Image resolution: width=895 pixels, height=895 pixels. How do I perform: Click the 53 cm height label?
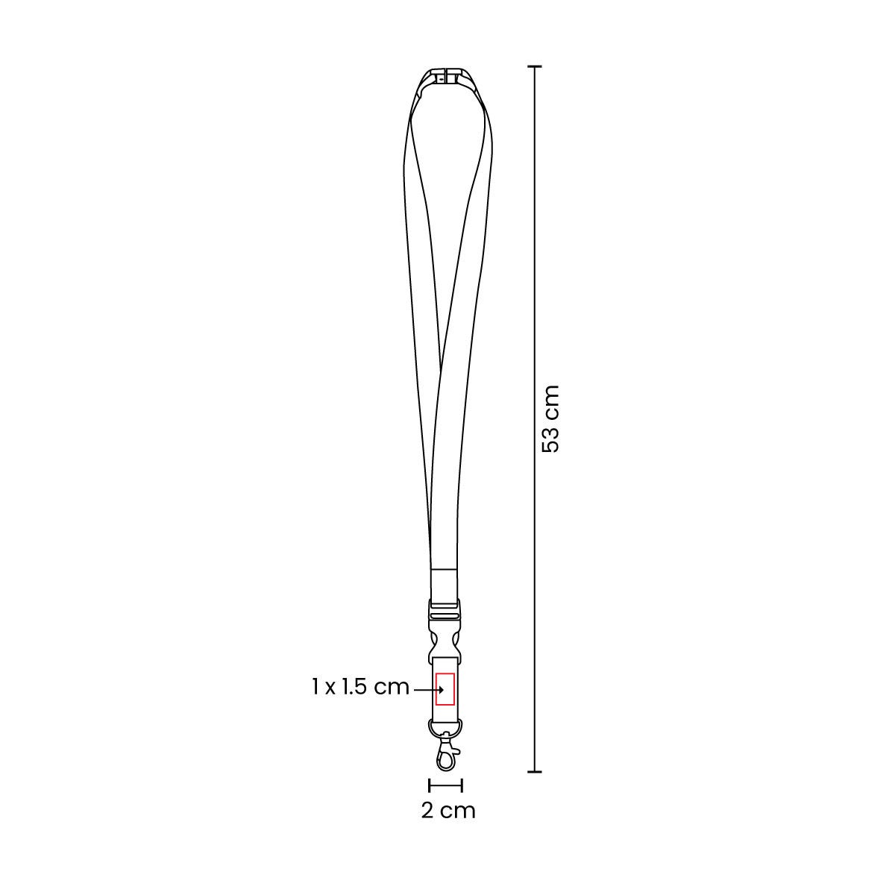pos(551,419)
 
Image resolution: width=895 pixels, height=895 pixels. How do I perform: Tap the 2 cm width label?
pos(448,811)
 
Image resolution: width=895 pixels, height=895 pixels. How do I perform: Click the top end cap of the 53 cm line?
pos(535,67)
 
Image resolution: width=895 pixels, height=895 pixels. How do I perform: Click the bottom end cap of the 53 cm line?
pos(535,772)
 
